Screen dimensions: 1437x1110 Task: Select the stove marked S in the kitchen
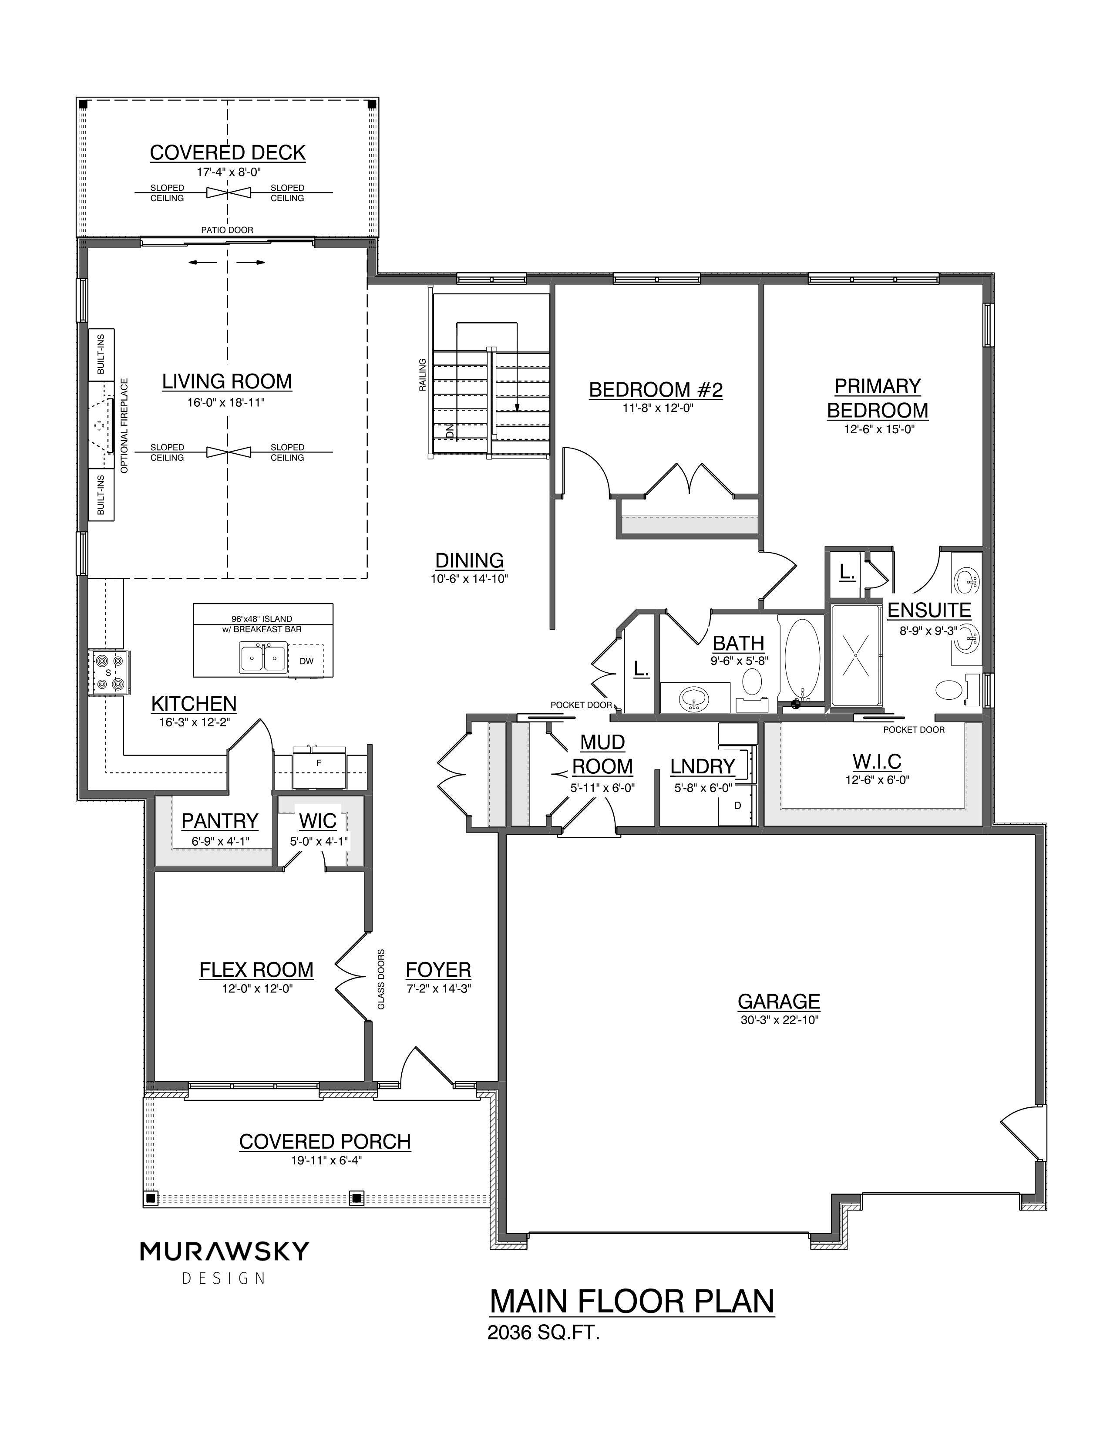click(x=109, y=672)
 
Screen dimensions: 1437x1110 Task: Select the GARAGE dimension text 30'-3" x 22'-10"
click(x=779, y=1021)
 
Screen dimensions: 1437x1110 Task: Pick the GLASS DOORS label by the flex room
click(x=381, y=979)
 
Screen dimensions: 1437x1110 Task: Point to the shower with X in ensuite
click(x=855, y=654)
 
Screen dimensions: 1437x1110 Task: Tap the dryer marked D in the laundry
click(x=737, y=805)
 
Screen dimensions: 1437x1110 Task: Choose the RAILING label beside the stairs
click(x=423, y=374)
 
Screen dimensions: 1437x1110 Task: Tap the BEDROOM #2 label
click(x=656, y=390)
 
